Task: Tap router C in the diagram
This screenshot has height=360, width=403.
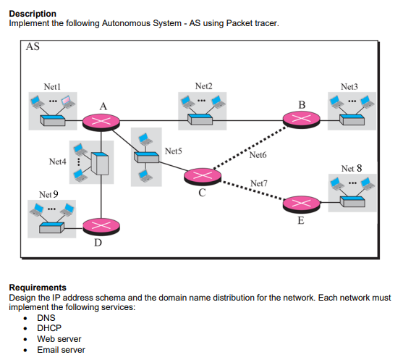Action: pos(203,176)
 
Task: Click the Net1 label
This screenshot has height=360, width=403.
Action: pos(52,86)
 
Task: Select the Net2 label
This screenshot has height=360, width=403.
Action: pos(204,86)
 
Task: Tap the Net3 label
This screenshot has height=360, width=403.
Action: pos(349,86)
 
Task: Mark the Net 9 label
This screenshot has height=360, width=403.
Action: pos(48,195)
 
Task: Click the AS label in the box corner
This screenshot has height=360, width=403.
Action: pos(33,49)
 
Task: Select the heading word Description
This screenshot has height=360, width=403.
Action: pos(33,14)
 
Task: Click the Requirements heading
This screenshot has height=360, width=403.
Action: pos(38,288)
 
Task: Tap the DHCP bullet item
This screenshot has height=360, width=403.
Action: pos(49,328)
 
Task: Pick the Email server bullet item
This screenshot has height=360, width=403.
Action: pos(61,350)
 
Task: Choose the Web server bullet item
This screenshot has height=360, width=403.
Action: pos(59,339)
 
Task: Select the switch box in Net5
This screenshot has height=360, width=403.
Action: pos(148,156)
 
